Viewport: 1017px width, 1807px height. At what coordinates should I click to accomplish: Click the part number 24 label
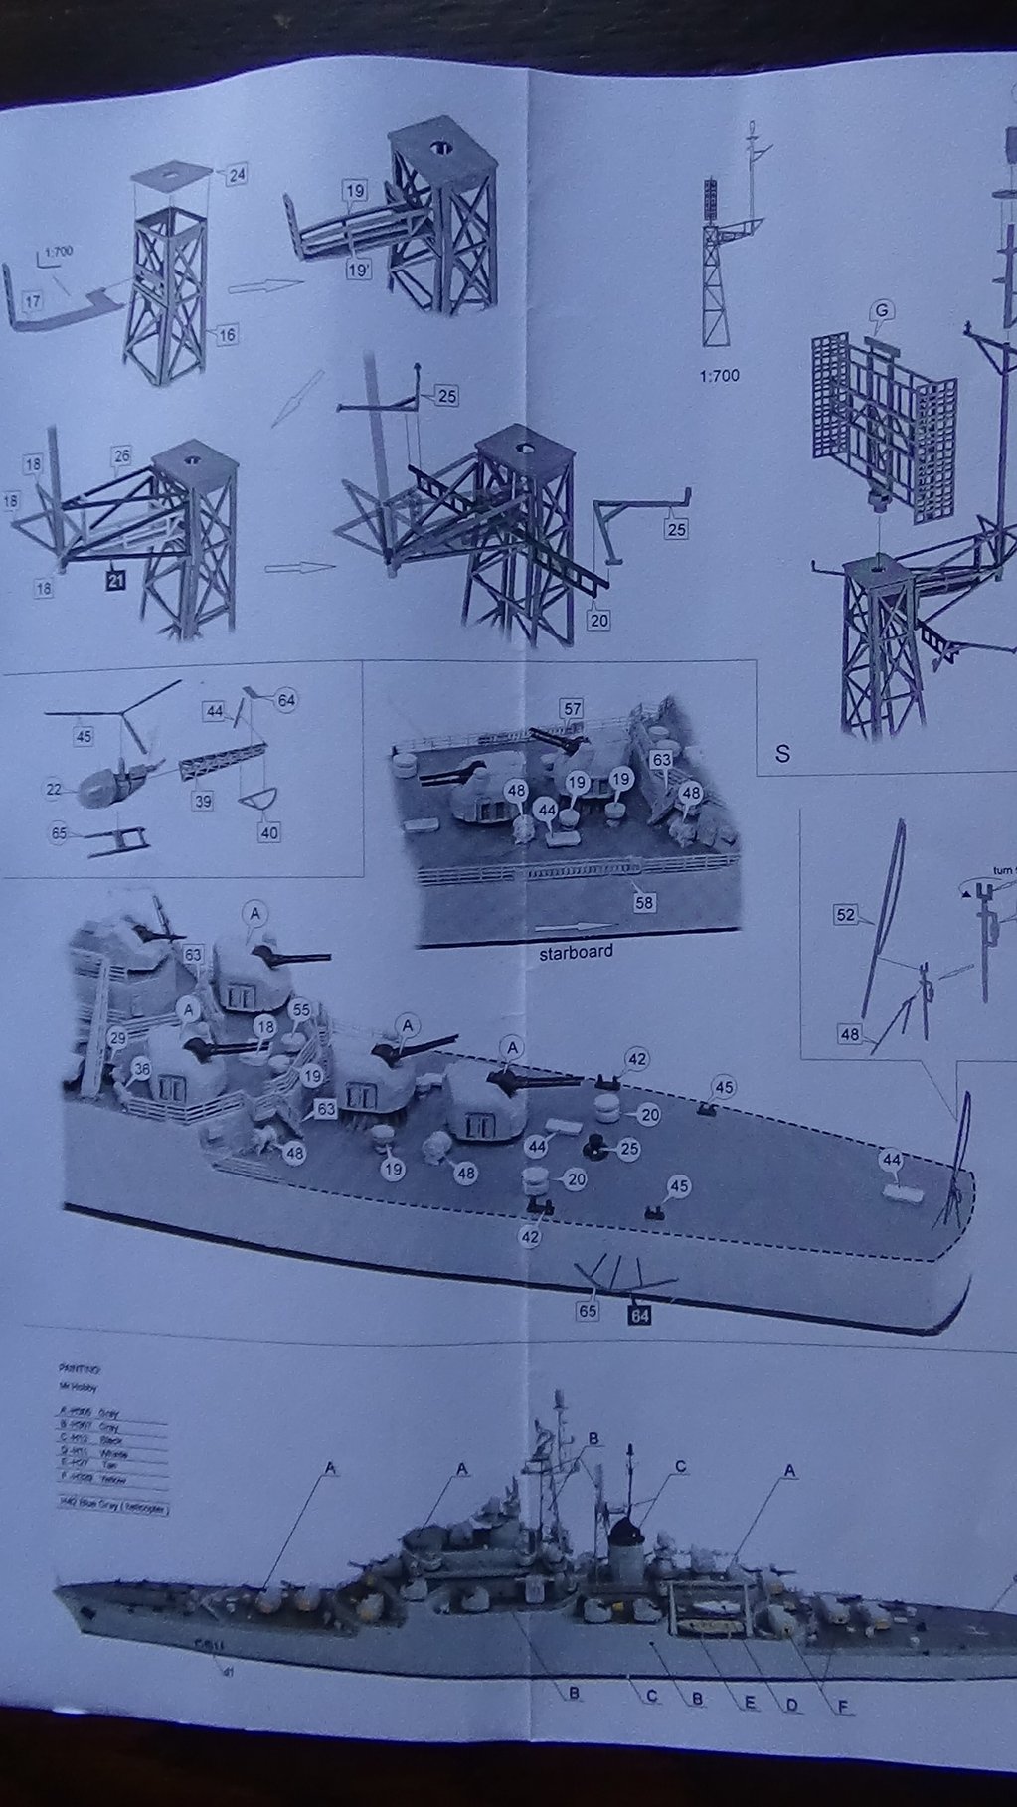coord(236,175)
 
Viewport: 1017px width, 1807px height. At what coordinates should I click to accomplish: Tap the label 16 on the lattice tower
coord(227,335)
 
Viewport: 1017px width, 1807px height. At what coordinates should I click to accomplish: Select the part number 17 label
coord(32,298)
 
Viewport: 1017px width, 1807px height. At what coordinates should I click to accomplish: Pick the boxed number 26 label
coord(121,456)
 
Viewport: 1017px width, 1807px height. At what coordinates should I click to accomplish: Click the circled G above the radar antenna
coord(879,312)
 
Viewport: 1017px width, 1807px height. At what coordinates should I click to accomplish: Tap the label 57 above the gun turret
coord(571,709)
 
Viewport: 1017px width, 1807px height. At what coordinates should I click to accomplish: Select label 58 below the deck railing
coord(644,903)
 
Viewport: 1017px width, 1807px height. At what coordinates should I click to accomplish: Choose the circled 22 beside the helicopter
coord(53,789)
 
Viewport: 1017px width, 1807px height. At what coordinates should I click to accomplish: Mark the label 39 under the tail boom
coord(203,801)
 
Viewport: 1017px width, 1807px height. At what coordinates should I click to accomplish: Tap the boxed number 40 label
coord(268,832)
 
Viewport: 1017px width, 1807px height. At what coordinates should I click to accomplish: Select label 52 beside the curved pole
coord(846,914)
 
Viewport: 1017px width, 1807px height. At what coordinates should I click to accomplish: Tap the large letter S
coord(782,753)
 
